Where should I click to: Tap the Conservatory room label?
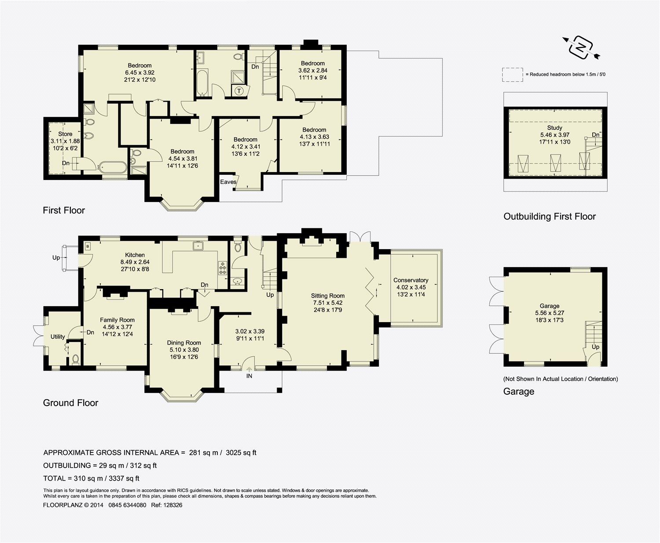pos(411,280)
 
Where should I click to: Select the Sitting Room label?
pos(328,295)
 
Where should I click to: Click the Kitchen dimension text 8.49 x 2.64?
pos(135,262)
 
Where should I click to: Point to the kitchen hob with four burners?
pos(223,268)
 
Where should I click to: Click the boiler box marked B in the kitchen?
pos(88,246)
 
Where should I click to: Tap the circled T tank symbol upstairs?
pos(239,91)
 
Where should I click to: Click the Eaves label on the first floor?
pos(228,182)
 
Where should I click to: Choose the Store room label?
pos(65,134)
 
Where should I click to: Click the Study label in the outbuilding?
pos(554,128)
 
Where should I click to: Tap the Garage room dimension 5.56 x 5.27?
pos(550,313)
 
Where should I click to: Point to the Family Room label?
pos(117,320)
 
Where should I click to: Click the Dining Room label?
pos(183,343)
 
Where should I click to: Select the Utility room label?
pos(58,337)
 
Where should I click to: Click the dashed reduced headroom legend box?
pos(512,75)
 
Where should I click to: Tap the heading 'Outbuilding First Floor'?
pos(550,216)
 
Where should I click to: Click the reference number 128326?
pos(172,505)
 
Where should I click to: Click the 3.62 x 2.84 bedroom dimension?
pos(313,70)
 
